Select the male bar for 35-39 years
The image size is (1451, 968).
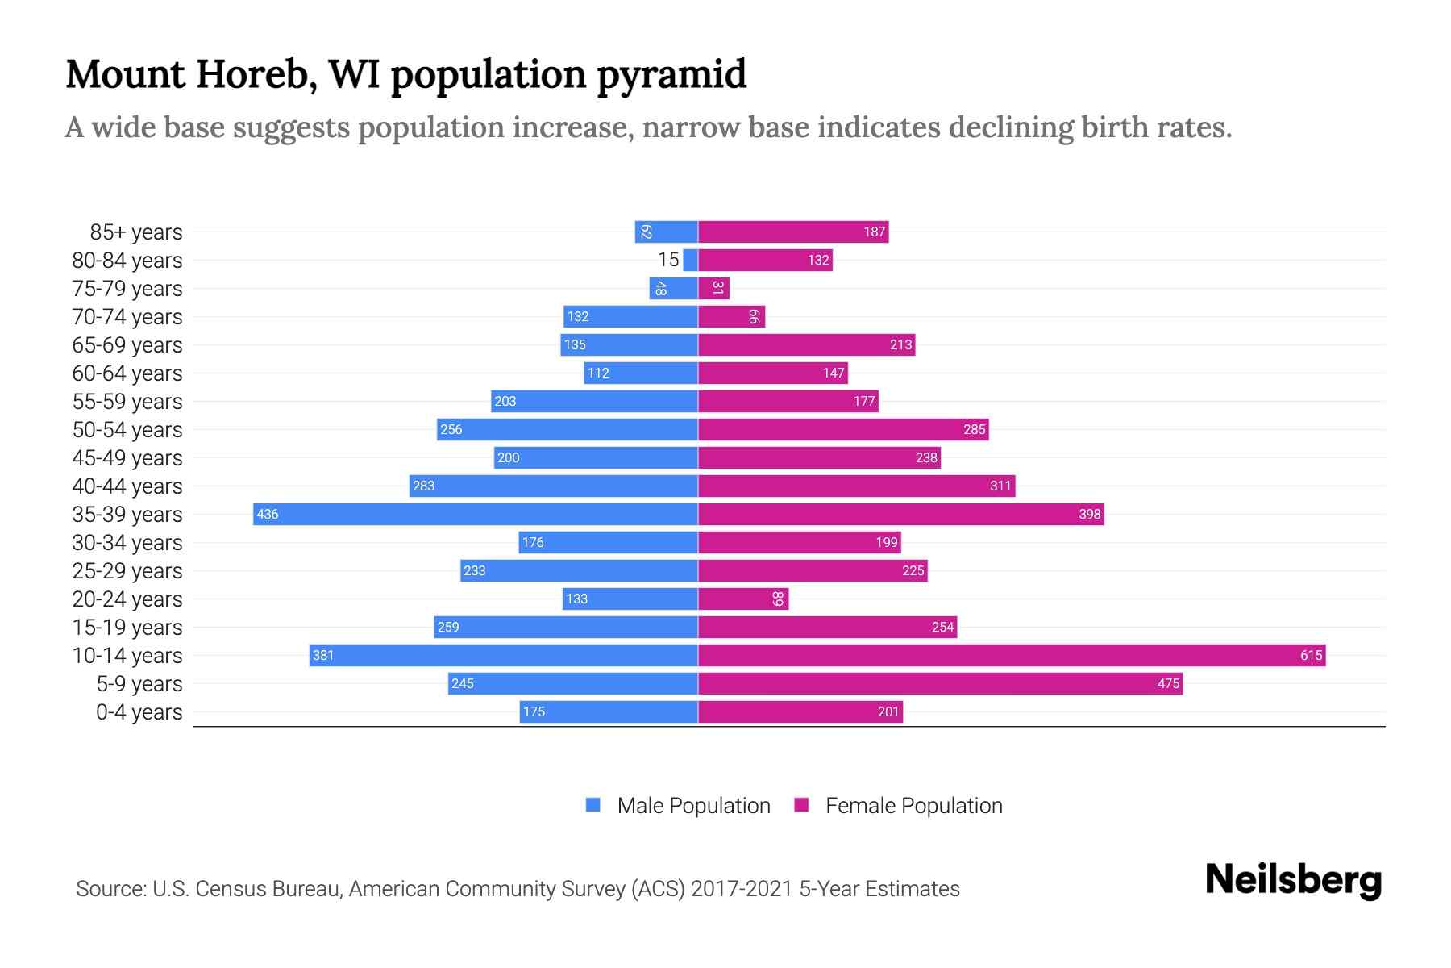[476, 514]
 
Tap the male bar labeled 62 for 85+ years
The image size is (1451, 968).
[666, 232]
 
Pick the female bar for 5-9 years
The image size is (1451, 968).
[939, 683]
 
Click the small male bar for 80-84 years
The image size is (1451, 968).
[690, 260]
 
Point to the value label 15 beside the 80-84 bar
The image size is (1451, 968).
[668, 260]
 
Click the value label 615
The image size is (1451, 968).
[1311, 655]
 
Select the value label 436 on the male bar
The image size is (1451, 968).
[268, 514]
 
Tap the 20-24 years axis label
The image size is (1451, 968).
[127, 599]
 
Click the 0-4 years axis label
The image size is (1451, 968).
[139, 712]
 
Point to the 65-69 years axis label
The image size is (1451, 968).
[127, 345]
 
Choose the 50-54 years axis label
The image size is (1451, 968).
[127, 430]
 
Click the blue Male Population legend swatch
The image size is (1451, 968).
[593, 805]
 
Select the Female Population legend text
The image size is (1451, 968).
[913, 806]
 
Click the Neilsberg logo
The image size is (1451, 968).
[1293, 880]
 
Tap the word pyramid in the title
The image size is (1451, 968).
[671, 75]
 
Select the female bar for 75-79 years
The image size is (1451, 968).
[713, 288]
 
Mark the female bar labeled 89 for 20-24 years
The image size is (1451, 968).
[742, 599]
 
